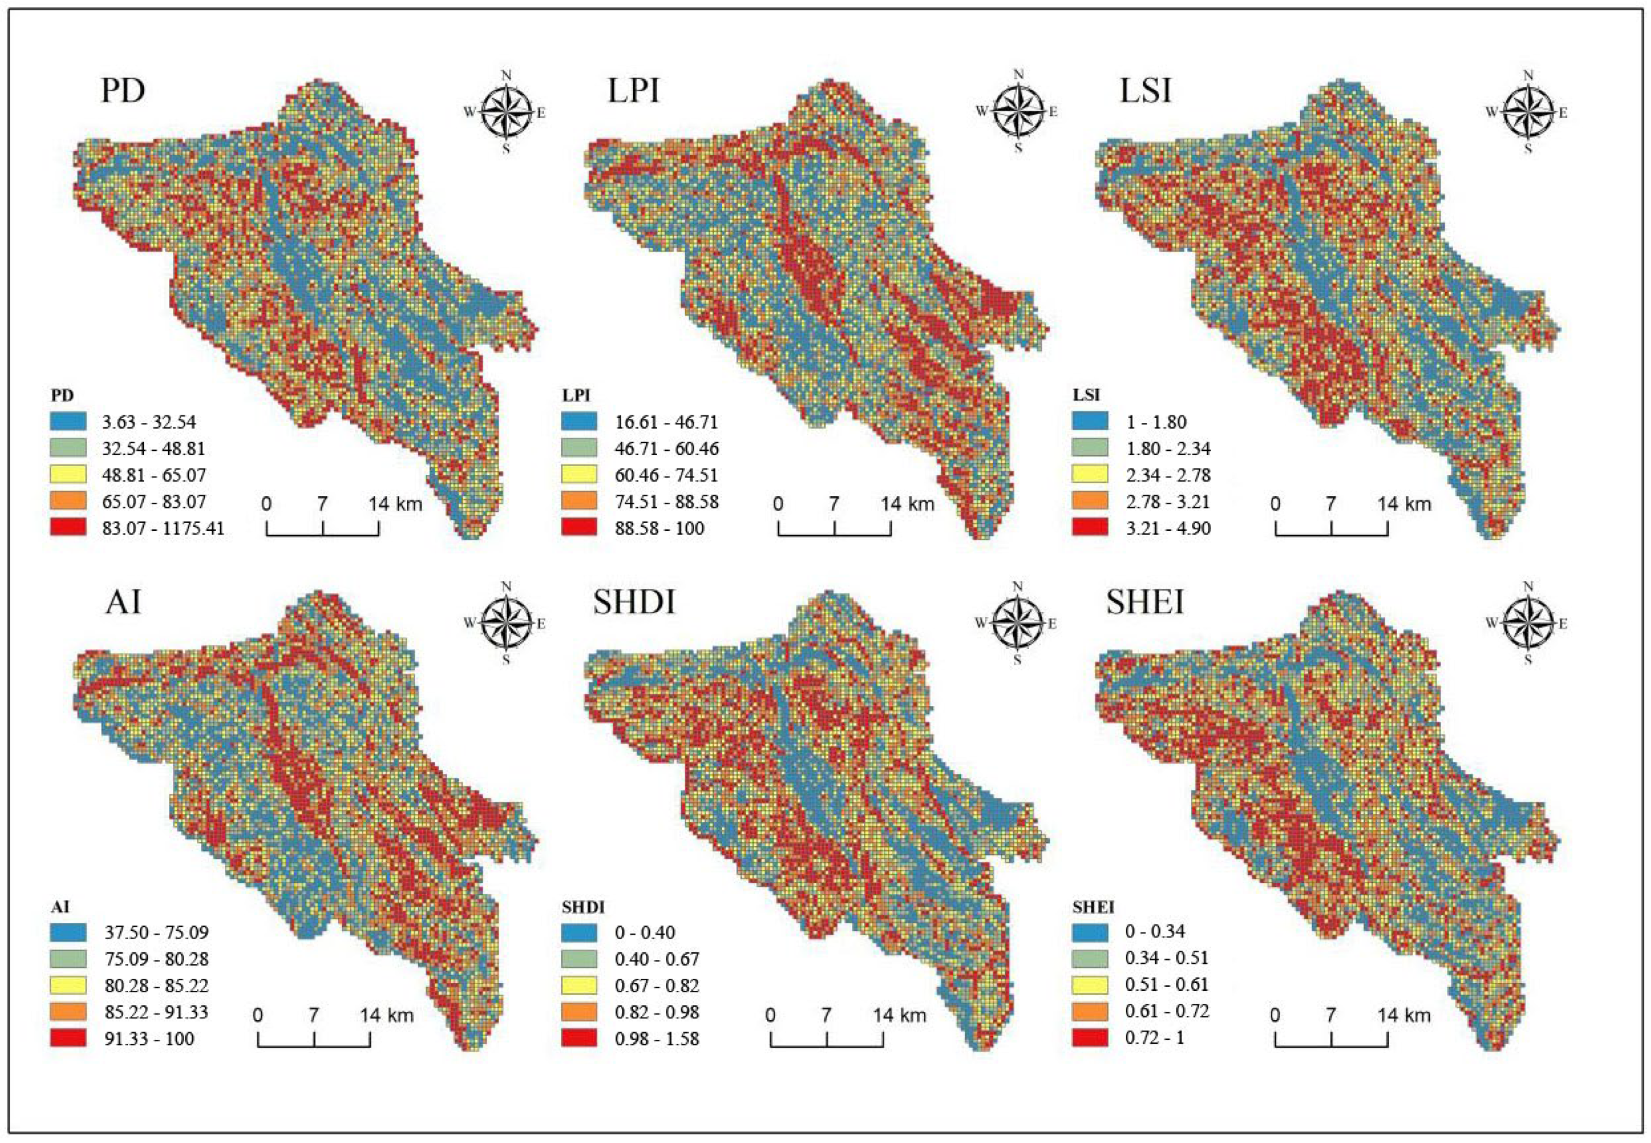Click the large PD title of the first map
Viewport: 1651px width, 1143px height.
tap(123, 91)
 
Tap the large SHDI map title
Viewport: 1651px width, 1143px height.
tap(634, 602)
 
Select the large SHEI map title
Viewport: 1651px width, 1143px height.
tap(1144, 602)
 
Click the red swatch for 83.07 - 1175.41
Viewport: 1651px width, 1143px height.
tap(68, 528)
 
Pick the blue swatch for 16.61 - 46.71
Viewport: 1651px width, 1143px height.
tap(579, 421)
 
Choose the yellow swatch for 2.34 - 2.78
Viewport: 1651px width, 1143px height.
tap(1089, 474)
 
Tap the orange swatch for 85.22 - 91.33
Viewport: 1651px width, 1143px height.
tap(68, 1011)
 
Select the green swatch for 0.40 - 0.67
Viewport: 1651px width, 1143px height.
tap(579, 958)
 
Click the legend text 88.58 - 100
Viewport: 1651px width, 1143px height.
tap(660, 529)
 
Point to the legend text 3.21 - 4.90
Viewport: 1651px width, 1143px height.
tap(1168, 529)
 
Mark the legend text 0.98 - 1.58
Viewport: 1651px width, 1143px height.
tap(657, 1038)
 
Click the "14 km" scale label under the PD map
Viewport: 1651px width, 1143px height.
tap(395, 504)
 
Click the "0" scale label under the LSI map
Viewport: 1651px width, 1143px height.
tap(1275, 504)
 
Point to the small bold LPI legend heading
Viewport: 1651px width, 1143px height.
tap(576, 395)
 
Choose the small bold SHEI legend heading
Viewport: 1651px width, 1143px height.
tap(1093, 907)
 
